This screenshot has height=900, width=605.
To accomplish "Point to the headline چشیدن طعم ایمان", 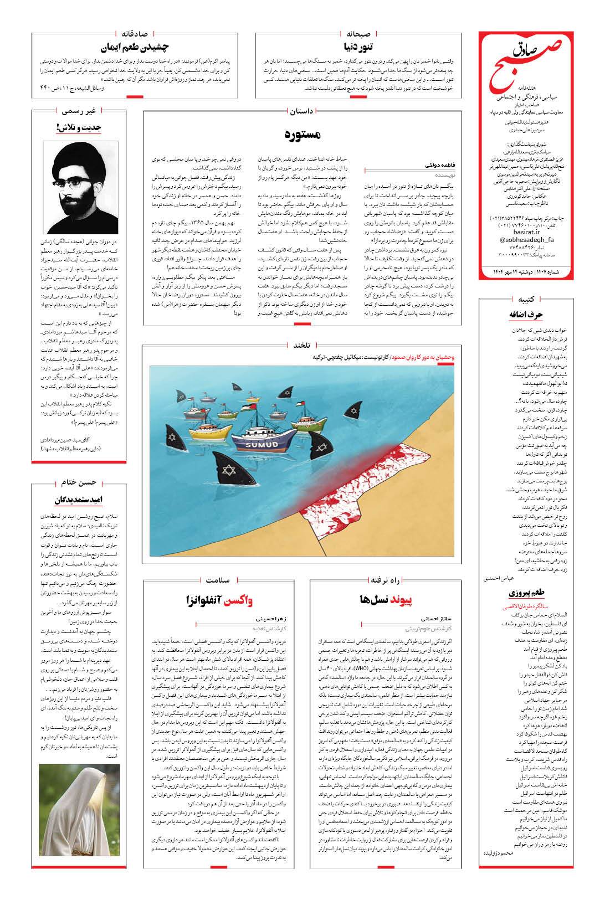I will pos(135,47).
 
